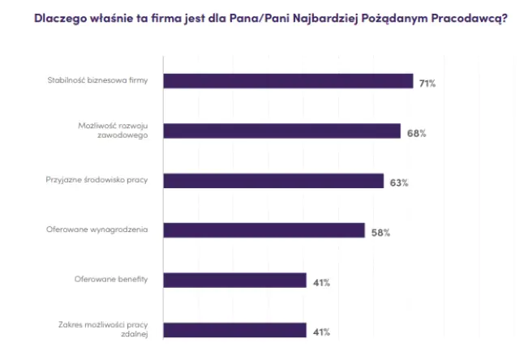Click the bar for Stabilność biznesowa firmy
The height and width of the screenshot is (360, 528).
pyautogui.click(x=288, y=81)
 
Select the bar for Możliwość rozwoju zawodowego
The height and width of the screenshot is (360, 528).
pyautogui.click(x=281, y=131)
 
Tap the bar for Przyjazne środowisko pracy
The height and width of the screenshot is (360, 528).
pyautogui.click(x=273, y=181)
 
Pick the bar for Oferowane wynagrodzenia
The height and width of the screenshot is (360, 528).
pyautogui.click(x=264, y=231)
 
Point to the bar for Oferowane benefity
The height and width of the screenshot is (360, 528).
pyautogui.click(x=234, y=281)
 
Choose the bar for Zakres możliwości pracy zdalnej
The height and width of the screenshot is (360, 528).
pyautogui.click(x=234, y=330)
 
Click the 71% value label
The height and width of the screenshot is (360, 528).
pyautogui.click(x=427, y=84)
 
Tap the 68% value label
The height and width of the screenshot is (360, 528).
pyautogui.click(x=416, y=134)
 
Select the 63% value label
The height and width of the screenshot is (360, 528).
pyautogui.click(x=398, y=183)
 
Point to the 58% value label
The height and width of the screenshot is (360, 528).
pyautogui.click(x=380, y=234)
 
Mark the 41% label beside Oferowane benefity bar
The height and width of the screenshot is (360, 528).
pyautogui.click(x=321, y=283)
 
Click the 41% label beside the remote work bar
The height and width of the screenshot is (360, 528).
pyautogui.click(x=321, y=332)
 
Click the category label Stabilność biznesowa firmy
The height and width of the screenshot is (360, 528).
pyautogui.click(x=96, y=81)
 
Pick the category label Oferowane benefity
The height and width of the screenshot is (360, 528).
pyautogui.click(x=109, y=281)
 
